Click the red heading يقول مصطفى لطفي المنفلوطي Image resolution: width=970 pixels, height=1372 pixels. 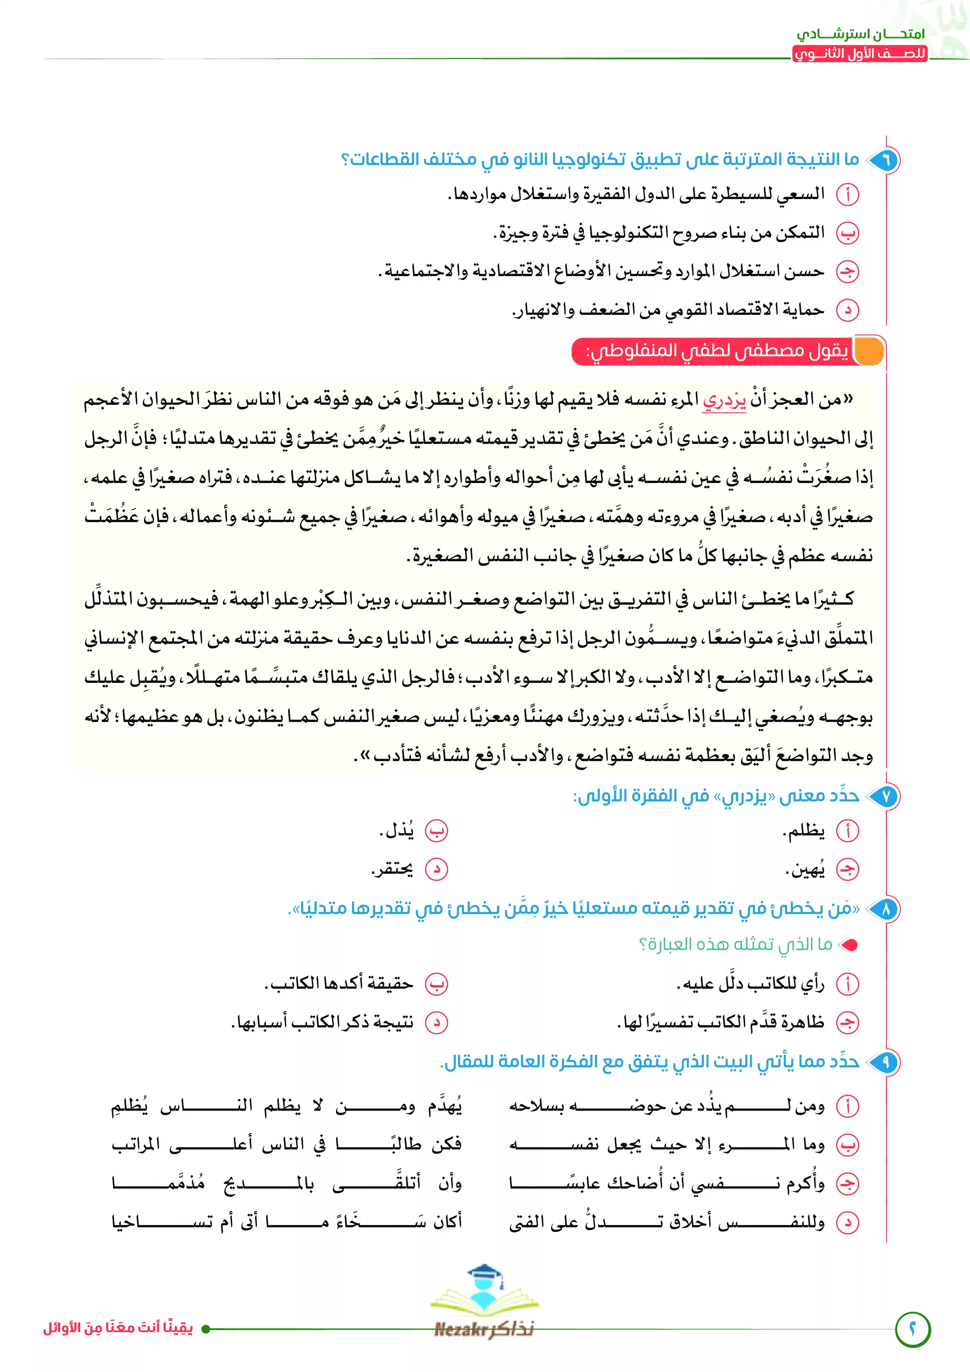point(716,351)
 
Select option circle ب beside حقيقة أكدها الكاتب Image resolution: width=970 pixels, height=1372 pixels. point(436,984)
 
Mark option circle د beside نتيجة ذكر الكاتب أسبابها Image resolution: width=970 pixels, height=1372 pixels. point(436,1022)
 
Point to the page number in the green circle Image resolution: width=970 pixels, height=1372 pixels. point(913,1329)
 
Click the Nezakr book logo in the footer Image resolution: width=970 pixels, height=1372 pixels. point(485,1303)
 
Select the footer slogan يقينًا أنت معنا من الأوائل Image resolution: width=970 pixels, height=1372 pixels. point(118,1328)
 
